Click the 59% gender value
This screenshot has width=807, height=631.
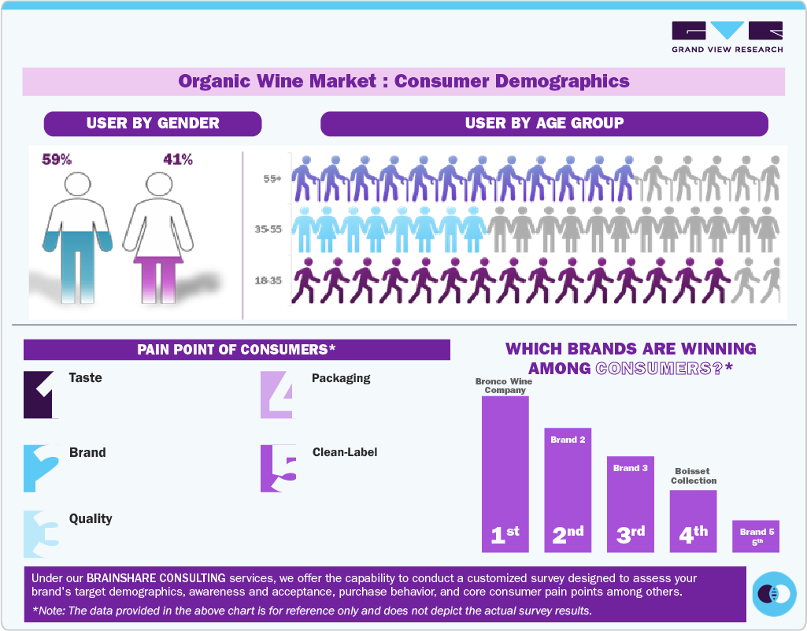click(x=57, y=160)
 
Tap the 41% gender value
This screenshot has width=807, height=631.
click(x=178, y=160)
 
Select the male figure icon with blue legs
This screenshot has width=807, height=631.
click(x=77, y=236)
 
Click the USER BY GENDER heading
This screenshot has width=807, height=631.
click(x=153, y=124)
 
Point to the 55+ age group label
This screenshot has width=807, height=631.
click(x=272, y=179)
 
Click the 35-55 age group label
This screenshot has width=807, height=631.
click(x=268, y=229)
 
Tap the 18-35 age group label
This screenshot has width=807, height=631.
click(x=268, y=280)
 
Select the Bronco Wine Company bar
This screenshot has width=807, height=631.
click(x=505, y=473)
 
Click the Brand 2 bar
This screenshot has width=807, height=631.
click(x=568, y=488)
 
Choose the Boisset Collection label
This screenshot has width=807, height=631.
click(x=694, y=476)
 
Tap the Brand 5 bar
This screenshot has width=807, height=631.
click(x=756, y=536)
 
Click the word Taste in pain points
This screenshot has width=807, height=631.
click(x=86, y=377)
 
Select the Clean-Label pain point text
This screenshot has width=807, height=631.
click(x=345, y=452)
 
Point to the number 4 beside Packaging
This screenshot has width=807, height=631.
click(x=277, y=394)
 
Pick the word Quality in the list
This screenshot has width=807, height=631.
click(x=91, y=518)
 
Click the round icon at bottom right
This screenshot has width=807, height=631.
click(x=774, y=593)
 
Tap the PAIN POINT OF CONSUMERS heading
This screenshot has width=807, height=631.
click(x=236, y=350)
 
